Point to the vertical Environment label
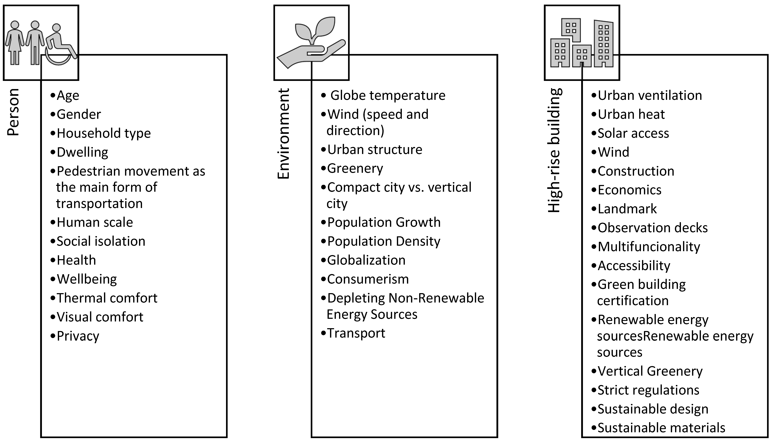(x=284, y=134)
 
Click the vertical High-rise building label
(x=555, y=150)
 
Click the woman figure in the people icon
(x=15, y=42)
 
